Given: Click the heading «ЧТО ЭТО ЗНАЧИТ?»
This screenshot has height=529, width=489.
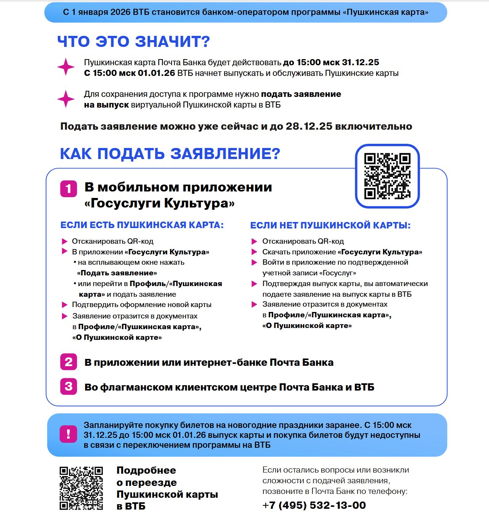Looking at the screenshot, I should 133,42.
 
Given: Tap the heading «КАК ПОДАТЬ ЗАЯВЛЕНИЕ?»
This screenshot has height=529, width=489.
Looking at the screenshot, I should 170,154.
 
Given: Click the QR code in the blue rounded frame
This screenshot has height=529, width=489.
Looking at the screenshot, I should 387,176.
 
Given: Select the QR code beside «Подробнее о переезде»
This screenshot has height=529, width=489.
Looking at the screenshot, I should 81,488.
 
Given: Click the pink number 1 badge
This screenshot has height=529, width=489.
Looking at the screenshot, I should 69,189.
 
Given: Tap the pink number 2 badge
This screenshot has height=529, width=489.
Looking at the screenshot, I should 69,362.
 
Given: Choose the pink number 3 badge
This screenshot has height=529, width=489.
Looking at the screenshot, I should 69,386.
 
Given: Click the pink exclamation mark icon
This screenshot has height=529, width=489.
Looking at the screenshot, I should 68,434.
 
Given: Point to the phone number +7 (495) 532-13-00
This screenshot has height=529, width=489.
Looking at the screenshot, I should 314,505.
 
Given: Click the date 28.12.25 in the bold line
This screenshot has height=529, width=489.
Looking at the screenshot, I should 309,126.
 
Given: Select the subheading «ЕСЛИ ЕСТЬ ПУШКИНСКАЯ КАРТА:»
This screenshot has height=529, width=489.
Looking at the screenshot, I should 142,225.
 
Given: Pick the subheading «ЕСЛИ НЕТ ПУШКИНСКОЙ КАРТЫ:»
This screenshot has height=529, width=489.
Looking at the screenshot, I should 330,225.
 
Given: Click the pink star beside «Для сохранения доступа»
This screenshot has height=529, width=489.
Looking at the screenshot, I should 66,99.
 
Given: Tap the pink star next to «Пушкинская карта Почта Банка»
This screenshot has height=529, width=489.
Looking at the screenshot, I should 66,67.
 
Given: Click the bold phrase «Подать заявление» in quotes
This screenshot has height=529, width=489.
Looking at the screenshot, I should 117,273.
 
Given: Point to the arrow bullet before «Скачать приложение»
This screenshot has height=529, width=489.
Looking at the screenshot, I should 254,252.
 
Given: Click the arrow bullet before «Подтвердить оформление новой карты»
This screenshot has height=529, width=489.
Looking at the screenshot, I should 64,305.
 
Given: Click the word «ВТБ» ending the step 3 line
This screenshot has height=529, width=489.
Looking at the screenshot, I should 364,387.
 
